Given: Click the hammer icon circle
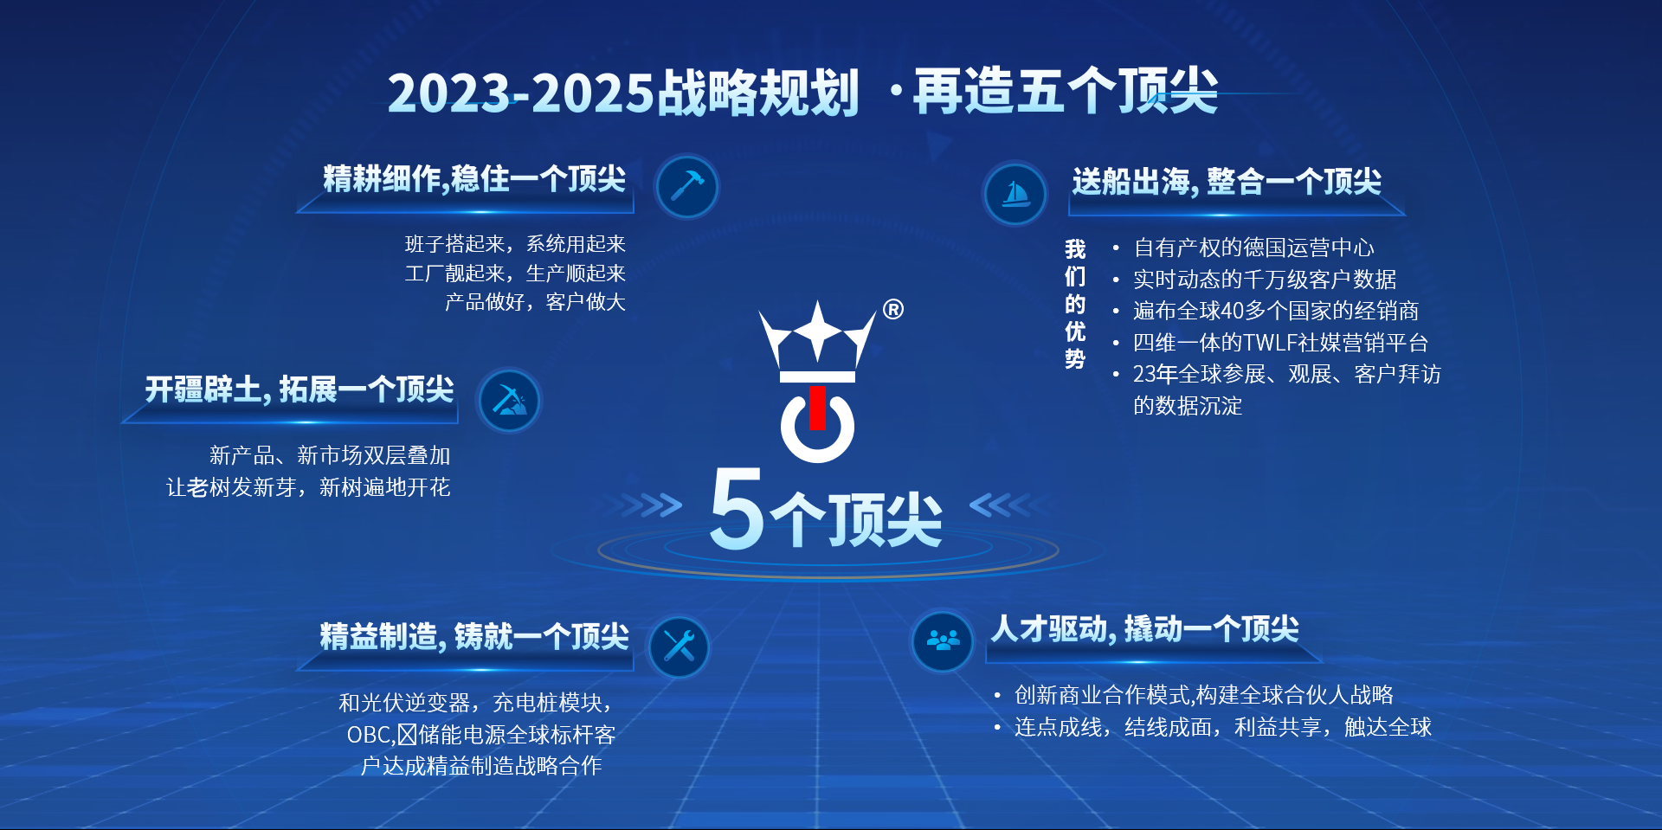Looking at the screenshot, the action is coord(686,186).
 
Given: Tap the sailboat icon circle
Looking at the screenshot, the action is coord(1015,193).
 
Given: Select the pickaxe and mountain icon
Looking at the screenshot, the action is coord(509,401).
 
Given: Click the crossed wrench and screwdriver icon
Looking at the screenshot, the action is coord(679,647).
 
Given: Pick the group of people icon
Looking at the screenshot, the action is coord(943,640).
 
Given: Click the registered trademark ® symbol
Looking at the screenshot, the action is coord(893,310).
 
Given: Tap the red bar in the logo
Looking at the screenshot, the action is coord(817,408).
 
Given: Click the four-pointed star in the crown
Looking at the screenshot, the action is coord(817,330).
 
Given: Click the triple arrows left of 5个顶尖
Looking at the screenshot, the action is coord(647,505).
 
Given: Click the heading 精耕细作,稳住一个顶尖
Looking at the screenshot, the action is coord(474,179).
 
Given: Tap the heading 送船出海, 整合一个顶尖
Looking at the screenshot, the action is coord(1227,182).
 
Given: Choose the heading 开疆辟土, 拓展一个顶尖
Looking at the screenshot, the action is coord(300,389).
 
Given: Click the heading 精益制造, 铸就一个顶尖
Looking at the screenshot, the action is coord(474,636).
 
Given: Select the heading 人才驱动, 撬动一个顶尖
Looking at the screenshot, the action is coord(1145,629).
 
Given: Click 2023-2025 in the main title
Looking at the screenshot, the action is coord(521,93).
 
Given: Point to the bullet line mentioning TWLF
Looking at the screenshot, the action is coord(1280,343).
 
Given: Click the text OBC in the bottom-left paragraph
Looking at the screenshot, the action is coord(370,735).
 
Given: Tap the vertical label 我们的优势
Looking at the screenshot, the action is coord(1075,304).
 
